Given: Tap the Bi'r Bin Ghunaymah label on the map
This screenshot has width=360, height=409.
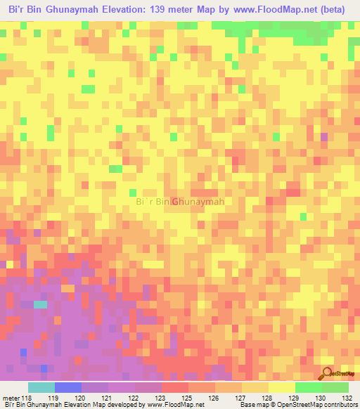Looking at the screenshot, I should click(179, 202).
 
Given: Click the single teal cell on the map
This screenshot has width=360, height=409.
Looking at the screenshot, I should click(40, 304).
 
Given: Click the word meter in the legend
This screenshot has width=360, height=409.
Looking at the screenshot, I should click(12, 398).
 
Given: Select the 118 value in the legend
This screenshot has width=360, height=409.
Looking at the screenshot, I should click(27, 398).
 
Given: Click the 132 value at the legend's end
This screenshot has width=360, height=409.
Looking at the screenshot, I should click(347, 398).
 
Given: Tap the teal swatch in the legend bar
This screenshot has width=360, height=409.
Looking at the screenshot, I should click(41, 387).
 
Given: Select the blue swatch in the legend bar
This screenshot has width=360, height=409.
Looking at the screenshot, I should click(67, 387).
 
